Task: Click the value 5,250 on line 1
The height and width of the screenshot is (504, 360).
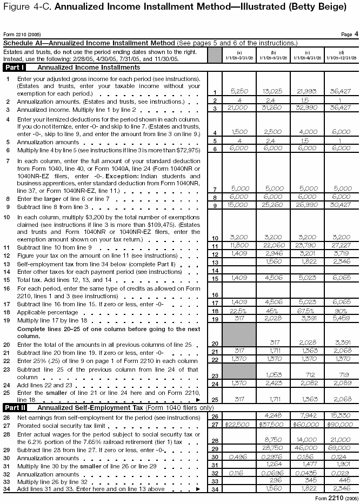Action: coord(239,91)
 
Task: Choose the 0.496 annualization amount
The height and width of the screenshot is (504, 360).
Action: coord(239,456)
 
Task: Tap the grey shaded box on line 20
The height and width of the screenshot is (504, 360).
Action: coord(239,335)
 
